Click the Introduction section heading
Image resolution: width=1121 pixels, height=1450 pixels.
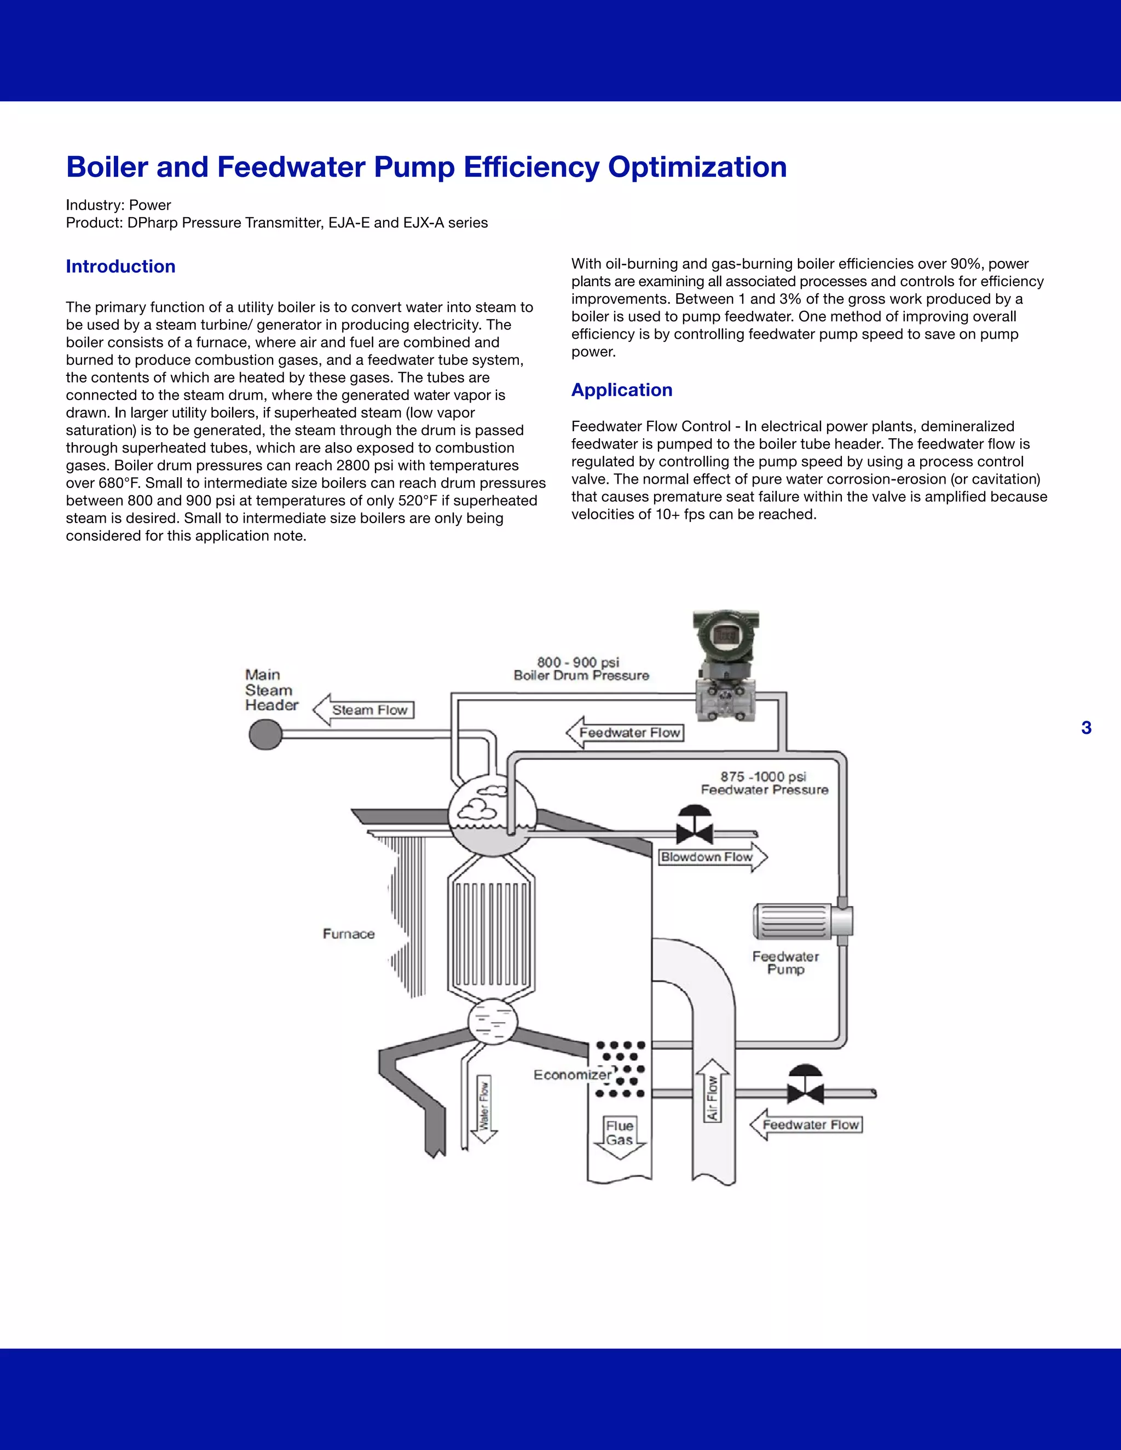tap(120, 266)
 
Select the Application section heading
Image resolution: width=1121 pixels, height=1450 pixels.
tap(622, 390)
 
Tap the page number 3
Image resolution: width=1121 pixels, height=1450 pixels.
tap(1086, 728)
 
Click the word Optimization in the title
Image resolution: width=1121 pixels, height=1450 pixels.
tap(697, 167)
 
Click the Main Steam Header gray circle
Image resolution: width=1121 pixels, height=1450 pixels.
tap(265, 735)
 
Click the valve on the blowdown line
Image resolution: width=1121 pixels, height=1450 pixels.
tap(695, 828)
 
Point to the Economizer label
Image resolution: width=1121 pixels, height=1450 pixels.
tap(572, 1075)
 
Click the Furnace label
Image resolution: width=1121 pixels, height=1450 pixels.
tap(349, 933)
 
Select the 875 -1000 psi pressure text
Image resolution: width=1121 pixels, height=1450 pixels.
tap(763, 776)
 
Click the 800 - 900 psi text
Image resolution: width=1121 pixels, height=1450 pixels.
tap(578, 662)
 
